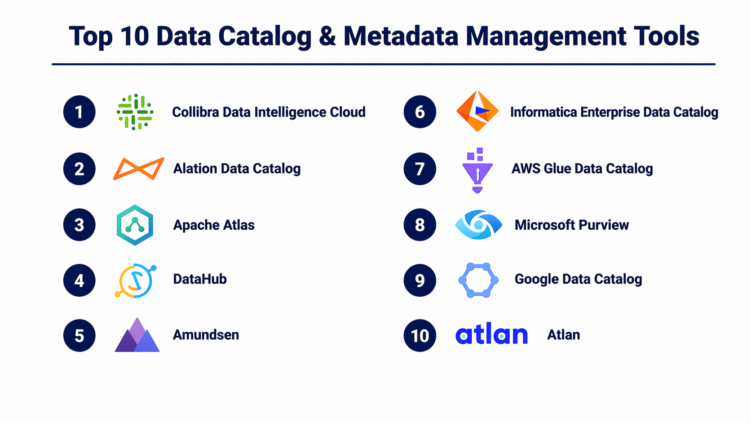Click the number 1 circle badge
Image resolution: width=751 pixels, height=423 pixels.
pos(80,111)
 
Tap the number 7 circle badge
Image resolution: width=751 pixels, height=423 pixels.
pos(420,169)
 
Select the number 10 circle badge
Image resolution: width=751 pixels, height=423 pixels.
pos(420,335)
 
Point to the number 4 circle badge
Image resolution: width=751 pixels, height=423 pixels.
pos(80,280)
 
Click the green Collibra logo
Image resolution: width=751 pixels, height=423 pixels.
pos(135,112)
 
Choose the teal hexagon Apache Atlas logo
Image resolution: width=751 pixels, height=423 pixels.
pos(135,225)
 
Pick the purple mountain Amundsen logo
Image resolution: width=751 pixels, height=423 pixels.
pos(137,335)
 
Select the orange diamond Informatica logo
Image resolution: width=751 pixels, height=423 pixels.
pos(477,111)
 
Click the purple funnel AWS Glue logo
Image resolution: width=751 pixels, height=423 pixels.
pos(477,170)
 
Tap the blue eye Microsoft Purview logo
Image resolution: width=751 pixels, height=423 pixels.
pos(479,225)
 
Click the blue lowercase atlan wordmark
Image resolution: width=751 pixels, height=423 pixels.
pos(491,334)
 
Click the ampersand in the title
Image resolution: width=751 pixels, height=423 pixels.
pos(327,36)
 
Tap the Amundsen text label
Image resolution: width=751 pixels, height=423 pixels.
pos(206,335)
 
